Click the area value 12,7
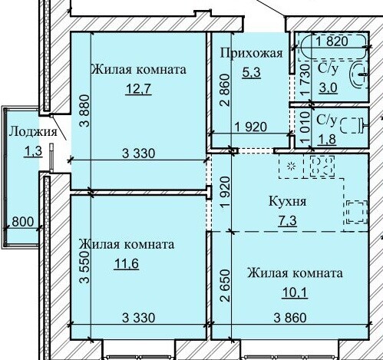click(x=138, y=89)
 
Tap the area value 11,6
click(x=127, y=263)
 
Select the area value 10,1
click(x=295, y=292)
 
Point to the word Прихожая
click(x=252, y=54)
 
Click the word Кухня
click(x=287, y=201)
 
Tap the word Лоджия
click(x=33, y=132)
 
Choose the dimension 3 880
click(x=84, y=111)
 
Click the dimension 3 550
click(x=84, y=267)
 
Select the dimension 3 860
click(x=290, y=318)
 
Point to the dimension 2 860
click(x=225, y=90)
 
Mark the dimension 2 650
click(x=225, y=286)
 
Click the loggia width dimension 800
click(x=23, y=222)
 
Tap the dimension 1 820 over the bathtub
click(x=332, y=41)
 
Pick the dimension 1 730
click(x=305, y=80)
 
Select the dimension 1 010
click(x=305, y=128)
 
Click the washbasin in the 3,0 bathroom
click(x=358, y=74)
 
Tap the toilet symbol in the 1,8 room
click(x=354, y=125)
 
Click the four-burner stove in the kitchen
click(x=322, y=166)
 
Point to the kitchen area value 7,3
click(x=288, y=220)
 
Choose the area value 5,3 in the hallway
click(x=251, y=72)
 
